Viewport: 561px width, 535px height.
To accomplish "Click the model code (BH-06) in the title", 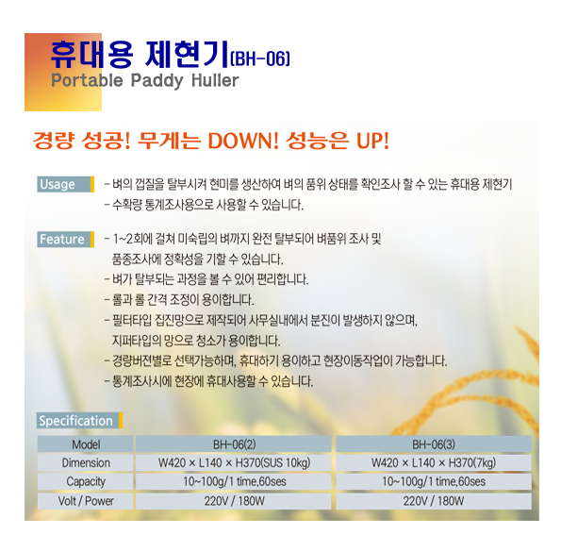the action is click(x=260, y=59).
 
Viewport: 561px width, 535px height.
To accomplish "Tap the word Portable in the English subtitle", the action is click(x=87, y=81).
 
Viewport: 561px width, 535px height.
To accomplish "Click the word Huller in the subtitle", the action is click(x=215, y=80).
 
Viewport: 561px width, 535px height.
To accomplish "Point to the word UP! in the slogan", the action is click(x=372, y=141).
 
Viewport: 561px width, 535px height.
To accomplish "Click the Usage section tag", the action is click(x=65, y=184).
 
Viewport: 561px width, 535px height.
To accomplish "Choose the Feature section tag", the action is click(x=65, y=240).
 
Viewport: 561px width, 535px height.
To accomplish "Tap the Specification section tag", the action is click(x=79, y=421).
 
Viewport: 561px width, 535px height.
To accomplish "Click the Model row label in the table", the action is click(x=86, y=444).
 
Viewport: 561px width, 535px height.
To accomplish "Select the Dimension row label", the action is click(x=86, y=462).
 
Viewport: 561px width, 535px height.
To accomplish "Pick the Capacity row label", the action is click(x=86, y=482).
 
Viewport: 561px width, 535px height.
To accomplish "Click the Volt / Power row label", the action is click(x=86, y=501).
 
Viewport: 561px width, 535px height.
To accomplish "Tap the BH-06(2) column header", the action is click(x=235, y=444).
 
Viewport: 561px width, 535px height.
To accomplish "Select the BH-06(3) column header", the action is click(x=434, y=444).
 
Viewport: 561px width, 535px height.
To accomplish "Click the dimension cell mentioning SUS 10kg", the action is click(x=235, y=462).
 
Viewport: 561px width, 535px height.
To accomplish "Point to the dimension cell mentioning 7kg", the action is click(x=434, y=462).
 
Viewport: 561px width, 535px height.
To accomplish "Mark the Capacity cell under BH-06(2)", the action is click(x=235, y=481).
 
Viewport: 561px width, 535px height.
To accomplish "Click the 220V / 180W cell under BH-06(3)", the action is click(x=434, y=501).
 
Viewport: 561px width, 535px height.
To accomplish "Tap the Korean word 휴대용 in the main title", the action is click(x=91, y=55).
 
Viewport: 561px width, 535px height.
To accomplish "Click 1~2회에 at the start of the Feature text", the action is click(x=132, y=239).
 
